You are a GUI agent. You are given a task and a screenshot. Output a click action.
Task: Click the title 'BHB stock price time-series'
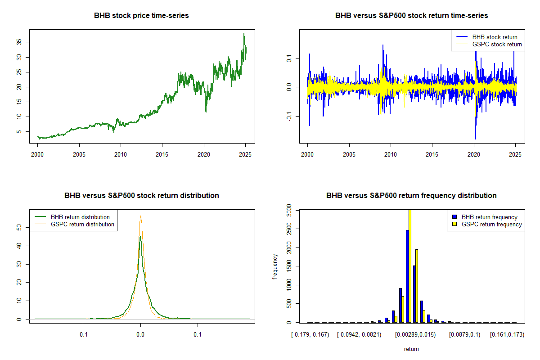point(141,15)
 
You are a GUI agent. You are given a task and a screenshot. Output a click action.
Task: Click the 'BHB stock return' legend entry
point(495,37)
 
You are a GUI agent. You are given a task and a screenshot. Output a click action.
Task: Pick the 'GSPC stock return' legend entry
point(497,44)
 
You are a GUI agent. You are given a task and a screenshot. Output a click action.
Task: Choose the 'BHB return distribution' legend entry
point(80,217)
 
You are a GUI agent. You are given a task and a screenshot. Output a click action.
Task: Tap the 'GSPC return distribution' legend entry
point(82,224)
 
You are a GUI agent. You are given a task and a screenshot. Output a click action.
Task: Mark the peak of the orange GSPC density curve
point(141,216)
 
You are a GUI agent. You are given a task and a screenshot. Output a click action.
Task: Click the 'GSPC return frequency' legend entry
point(492,224)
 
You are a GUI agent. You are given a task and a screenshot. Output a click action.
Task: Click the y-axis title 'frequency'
point(275,267)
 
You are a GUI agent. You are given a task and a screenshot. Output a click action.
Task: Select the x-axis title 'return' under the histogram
point(411,349)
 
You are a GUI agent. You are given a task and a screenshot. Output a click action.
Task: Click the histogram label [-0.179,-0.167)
point(310,335)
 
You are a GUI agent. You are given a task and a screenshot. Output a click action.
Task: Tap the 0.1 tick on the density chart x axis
point(198,335)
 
